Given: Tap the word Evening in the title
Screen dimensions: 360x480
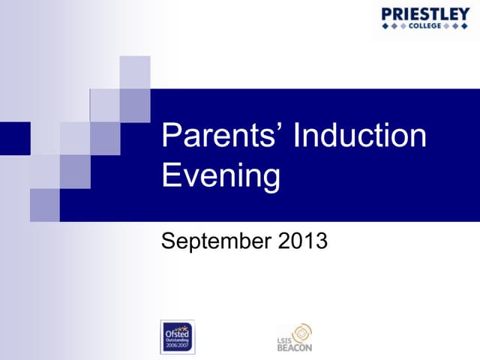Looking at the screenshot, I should point(221,176).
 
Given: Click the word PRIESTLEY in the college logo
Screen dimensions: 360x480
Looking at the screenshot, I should point(424,13).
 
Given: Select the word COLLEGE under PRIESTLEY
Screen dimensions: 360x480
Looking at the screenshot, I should point(424,26).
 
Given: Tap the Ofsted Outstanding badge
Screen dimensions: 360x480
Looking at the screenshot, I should point(178,337).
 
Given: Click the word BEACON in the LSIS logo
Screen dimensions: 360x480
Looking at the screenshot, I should point(294,346).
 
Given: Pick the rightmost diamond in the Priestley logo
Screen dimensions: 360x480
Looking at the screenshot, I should point(465,26).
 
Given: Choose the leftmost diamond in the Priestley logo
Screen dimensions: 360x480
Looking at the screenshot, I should point(385,26).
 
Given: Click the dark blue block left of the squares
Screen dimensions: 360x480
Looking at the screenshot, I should point(14,138).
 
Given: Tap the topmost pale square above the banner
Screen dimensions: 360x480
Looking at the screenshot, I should point(135,72).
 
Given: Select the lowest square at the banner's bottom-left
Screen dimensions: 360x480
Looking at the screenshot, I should point(45,205).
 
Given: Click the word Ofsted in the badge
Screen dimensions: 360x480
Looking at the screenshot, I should point(177,331).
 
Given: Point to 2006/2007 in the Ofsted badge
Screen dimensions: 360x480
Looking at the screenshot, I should point(178,346).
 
